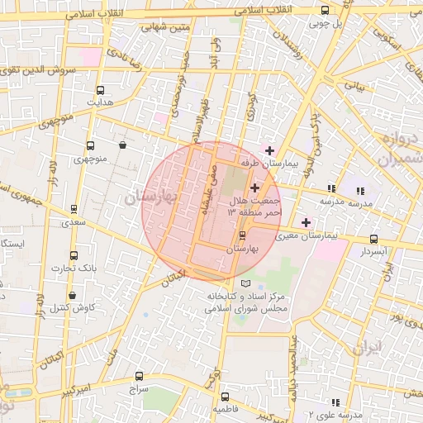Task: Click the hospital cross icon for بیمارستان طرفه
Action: coord(269,150)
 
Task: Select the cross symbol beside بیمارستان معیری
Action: coord(307,221)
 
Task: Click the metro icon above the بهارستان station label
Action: coord(241,235)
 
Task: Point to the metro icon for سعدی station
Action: coord(75,209)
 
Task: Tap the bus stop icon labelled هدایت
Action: coord(100,90)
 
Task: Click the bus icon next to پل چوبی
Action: coord(325,11)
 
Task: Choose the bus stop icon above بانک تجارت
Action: coord(74,255)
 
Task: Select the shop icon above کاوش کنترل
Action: coord(73,295)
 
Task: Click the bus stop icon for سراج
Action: coord(138,375)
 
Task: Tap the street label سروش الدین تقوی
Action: coord(39,70)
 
